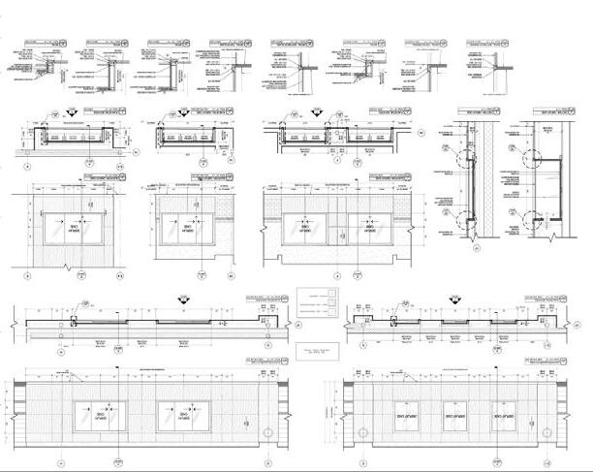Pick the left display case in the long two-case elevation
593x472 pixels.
pos(99,416)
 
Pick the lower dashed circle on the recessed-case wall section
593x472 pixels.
pos(531,215)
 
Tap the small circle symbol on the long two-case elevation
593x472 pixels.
pos(262,430)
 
